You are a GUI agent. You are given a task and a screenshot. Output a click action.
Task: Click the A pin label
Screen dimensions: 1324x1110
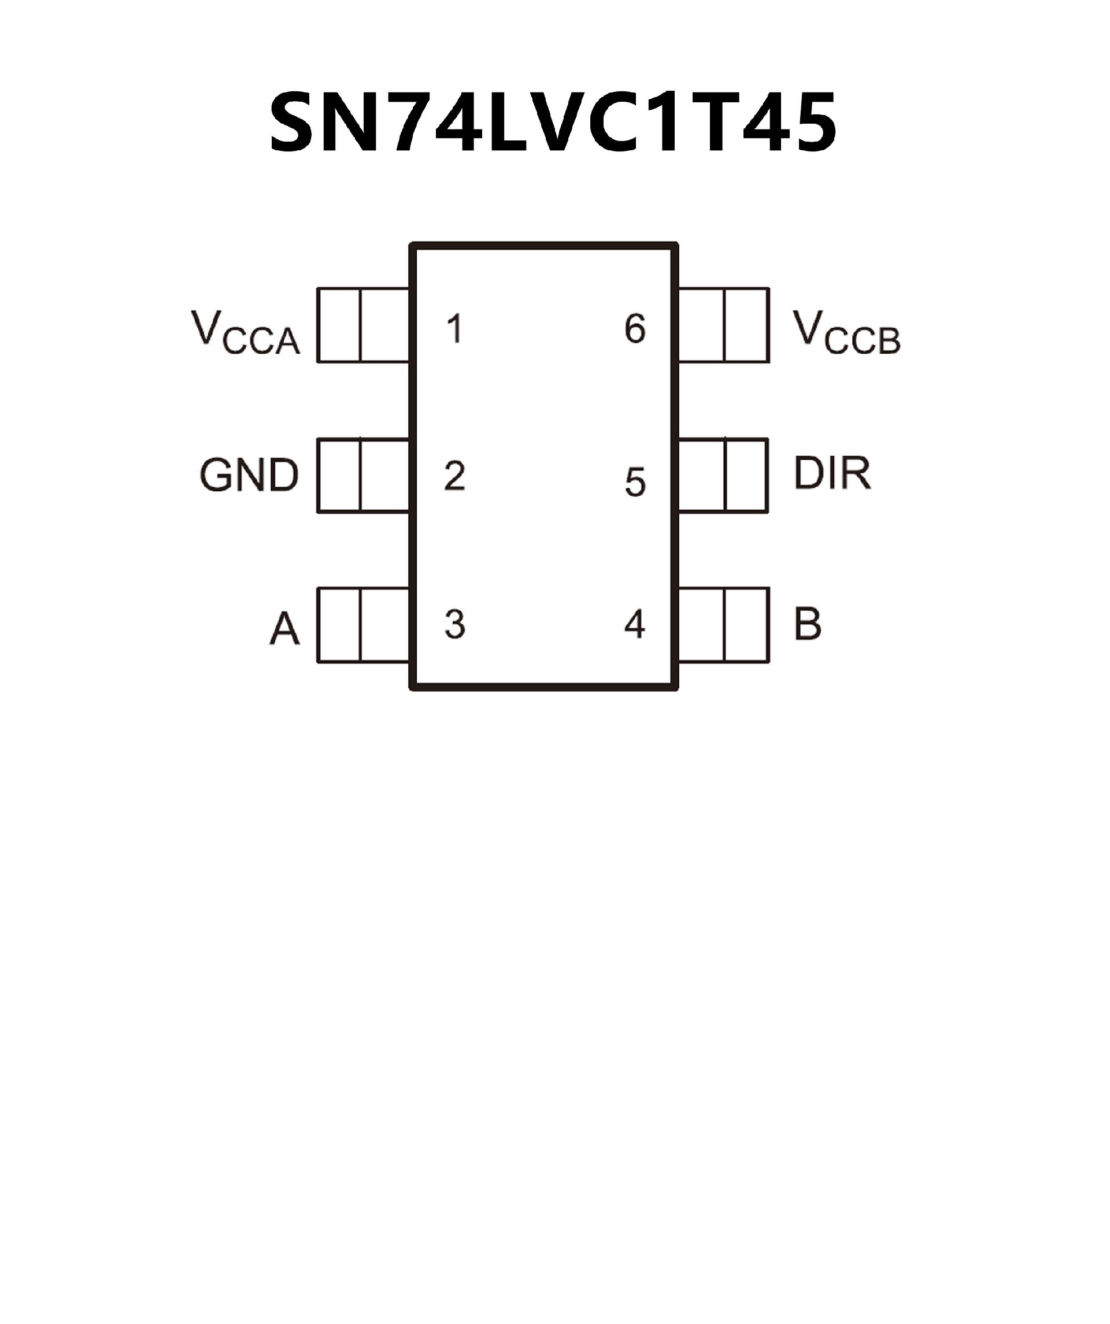pos(284,629)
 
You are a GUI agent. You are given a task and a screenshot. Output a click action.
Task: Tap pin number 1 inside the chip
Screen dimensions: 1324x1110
pos(454,328)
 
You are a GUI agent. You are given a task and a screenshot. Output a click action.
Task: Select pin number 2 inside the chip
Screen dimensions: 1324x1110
pos(454,476)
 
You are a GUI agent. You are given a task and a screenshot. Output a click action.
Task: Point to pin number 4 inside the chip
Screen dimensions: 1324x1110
pos(634,624)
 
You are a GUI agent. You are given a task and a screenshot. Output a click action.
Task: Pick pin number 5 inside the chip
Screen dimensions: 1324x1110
pos(635,483)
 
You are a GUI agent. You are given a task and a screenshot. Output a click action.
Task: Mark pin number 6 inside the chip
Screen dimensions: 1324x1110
pos(635,328)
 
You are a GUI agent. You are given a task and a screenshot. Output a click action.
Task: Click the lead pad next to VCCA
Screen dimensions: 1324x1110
pos(363,325)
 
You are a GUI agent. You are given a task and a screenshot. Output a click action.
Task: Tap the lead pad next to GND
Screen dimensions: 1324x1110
pos(363,476)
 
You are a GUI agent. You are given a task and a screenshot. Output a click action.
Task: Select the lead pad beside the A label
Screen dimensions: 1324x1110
pos(363,625)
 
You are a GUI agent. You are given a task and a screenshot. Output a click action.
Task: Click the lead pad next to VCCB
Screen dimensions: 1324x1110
pos(723,325)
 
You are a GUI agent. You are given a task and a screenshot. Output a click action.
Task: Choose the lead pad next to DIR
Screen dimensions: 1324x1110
pos(723,476)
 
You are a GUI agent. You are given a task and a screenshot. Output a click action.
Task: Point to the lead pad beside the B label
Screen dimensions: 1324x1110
pos(723,625)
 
